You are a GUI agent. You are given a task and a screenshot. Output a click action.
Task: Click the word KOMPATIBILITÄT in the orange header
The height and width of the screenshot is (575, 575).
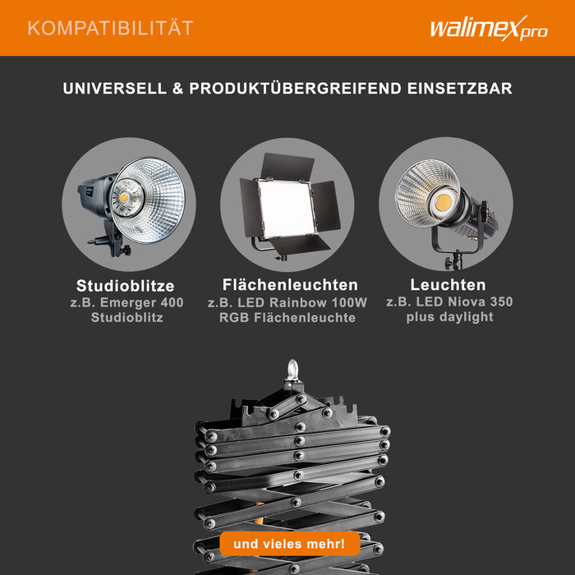[x=110, y=28]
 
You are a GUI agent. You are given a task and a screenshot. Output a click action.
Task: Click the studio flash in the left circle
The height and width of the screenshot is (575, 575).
[x=131, y=204]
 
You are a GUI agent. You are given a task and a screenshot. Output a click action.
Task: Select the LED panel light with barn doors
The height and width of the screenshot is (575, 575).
[x=288, y=205]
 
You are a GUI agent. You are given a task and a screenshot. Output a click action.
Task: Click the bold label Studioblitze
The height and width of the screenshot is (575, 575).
[x=126, y=286]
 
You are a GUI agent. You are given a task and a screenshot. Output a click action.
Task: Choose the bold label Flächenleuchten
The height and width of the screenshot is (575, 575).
[x=290, y=285]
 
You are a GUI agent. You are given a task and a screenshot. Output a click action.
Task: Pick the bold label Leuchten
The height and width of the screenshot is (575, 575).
[x=448, y=285]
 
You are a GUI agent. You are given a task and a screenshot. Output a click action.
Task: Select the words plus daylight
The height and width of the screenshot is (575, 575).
[x=449, y=317]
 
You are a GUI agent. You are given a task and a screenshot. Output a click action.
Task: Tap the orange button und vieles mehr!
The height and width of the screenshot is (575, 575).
[x=289, y=544]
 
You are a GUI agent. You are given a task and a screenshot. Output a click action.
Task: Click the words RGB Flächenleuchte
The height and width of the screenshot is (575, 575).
[x=287, y=317]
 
